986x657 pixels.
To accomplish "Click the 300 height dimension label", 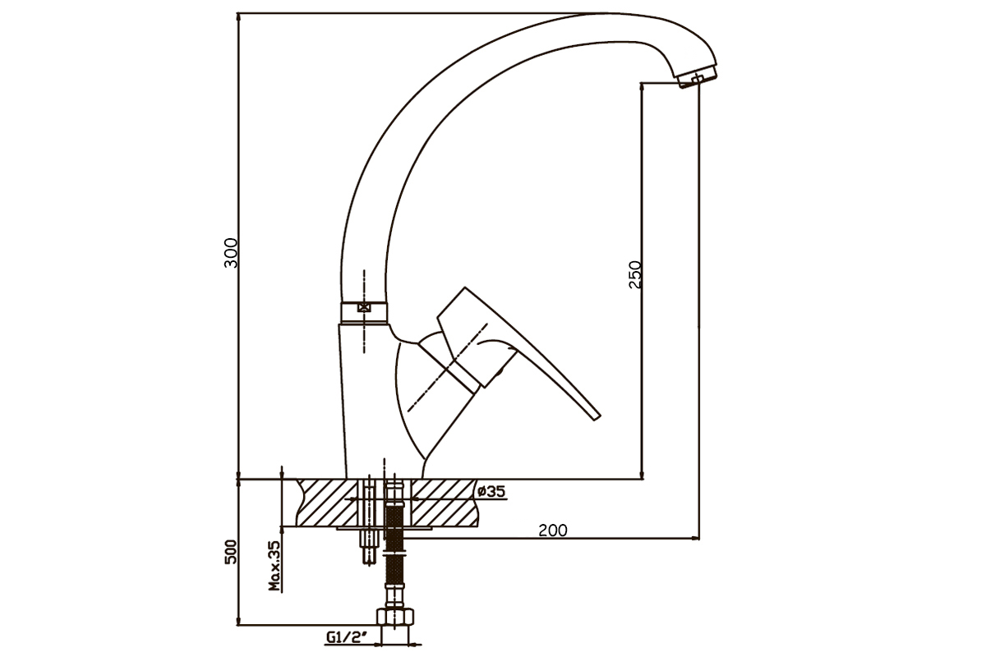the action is coord(231,253).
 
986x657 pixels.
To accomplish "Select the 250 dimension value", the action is coord(635,274).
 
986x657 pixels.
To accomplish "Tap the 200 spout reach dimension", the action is coord(553,531).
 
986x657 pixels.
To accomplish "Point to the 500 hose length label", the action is coord(231,552).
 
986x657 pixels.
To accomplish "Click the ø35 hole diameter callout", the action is coord(491,491).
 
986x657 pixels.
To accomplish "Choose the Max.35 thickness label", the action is coord(274,566).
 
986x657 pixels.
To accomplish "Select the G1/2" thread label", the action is coord(347,636).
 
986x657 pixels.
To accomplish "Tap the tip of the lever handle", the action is coord(597,416).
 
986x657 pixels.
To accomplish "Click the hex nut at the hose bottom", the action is coord(395,617).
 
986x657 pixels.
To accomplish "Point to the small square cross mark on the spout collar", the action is coord(363,307).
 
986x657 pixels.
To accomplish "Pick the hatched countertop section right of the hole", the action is coord(445,503).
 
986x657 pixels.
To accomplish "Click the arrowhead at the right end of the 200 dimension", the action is coord(695,538).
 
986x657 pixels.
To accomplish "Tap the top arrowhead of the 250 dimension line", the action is coord(642,87).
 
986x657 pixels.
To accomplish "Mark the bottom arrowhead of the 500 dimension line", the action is coord(238,621).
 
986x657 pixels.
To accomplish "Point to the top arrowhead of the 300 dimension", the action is coord(238,19).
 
